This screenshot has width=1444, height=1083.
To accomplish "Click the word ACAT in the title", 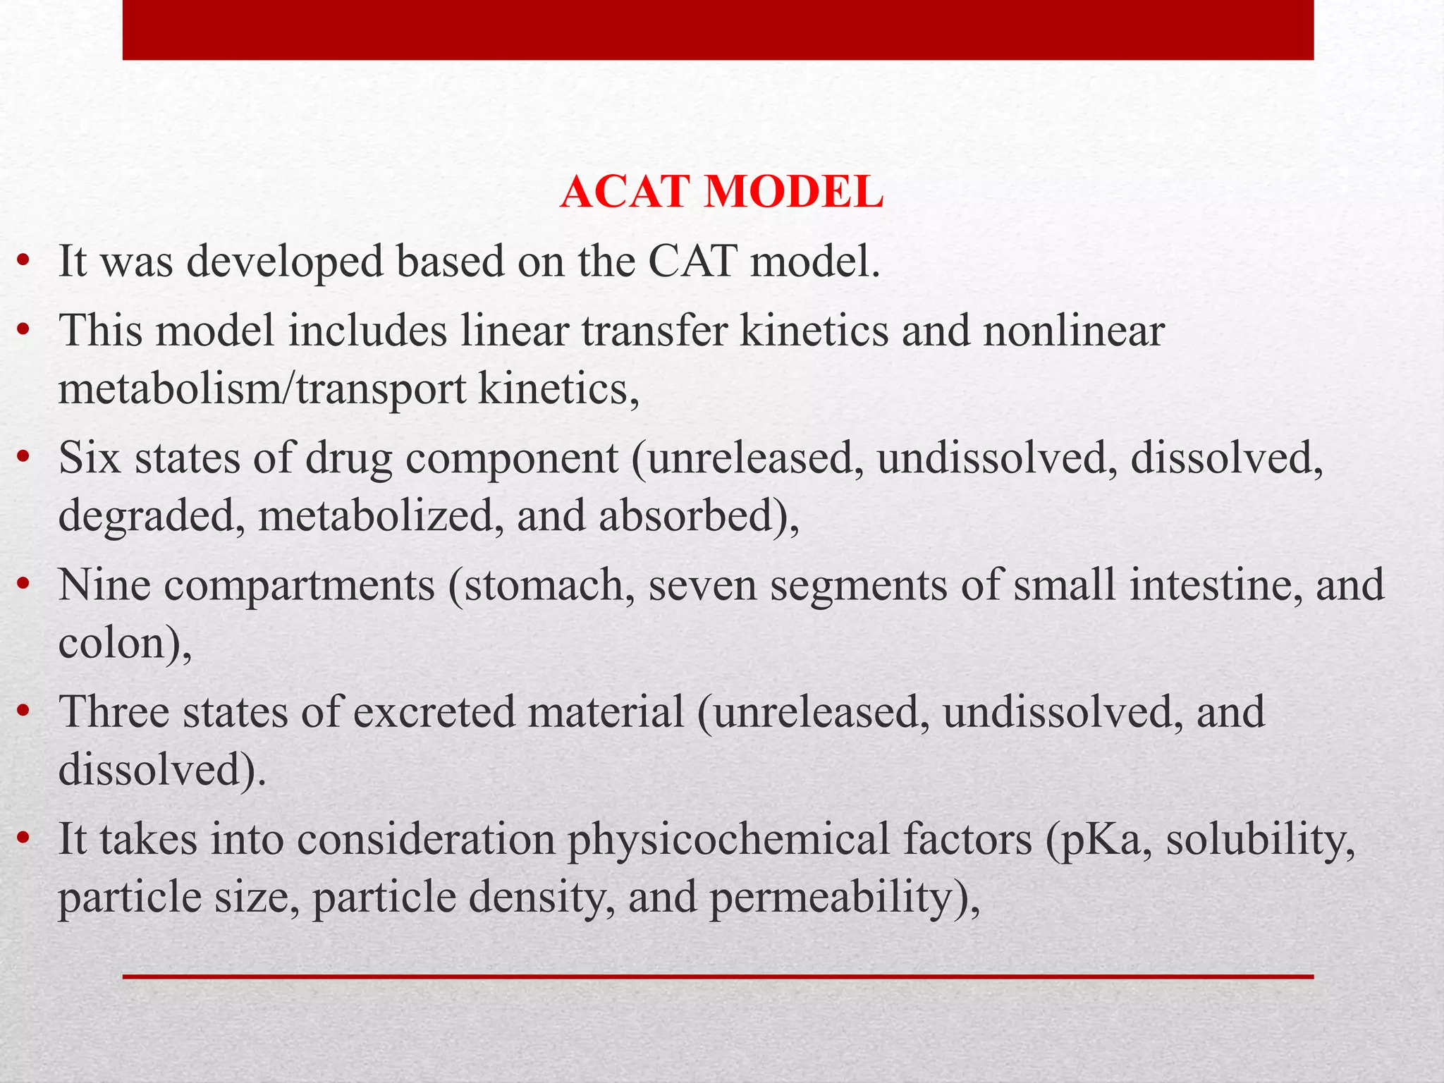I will point(619,192).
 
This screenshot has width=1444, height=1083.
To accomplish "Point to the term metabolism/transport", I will point(262,388).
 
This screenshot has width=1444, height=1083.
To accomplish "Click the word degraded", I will point(152,517).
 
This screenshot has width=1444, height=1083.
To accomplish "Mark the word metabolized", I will point(381,515).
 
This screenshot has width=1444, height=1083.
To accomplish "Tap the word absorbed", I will point(695,515).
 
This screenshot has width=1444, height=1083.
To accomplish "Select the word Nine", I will point(104,585).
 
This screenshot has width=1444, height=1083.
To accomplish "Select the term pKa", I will point(1100,840).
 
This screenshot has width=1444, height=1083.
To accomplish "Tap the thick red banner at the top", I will point(718,30).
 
